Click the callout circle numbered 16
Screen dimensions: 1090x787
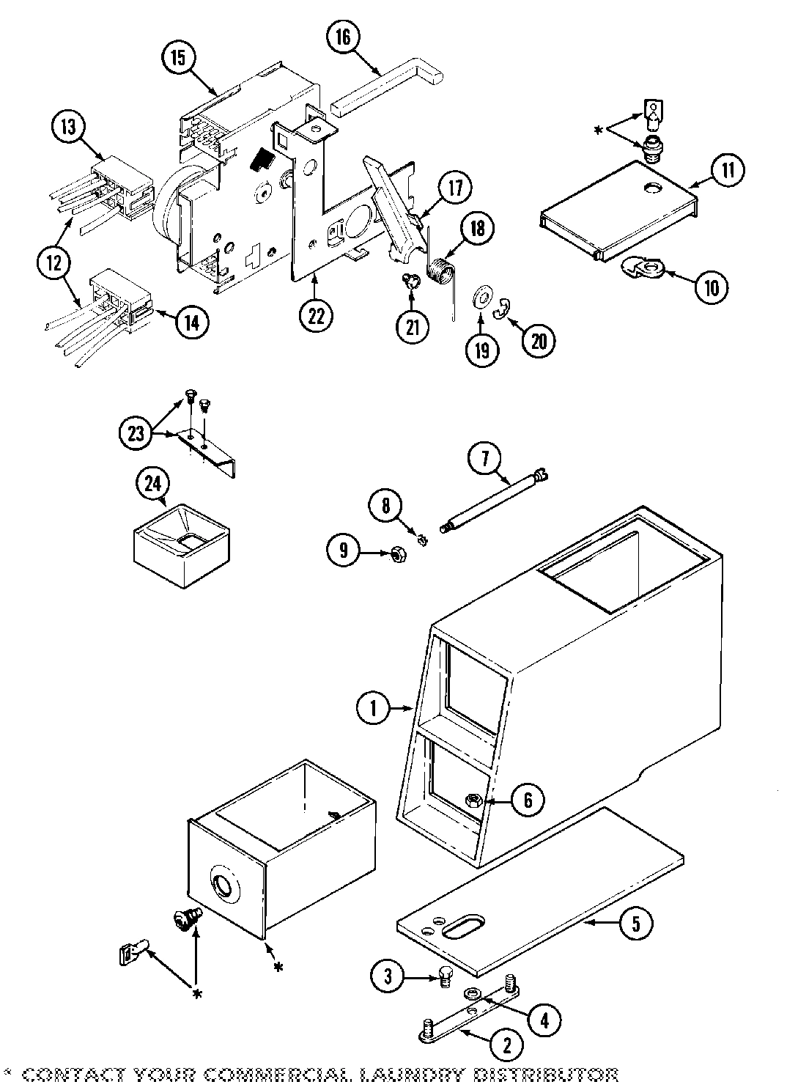click(344, 37)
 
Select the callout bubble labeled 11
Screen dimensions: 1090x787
click(728, 170)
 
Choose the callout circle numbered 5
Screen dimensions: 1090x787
click(635, 924)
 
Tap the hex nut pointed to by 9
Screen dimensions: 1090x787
click(396, 556)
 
